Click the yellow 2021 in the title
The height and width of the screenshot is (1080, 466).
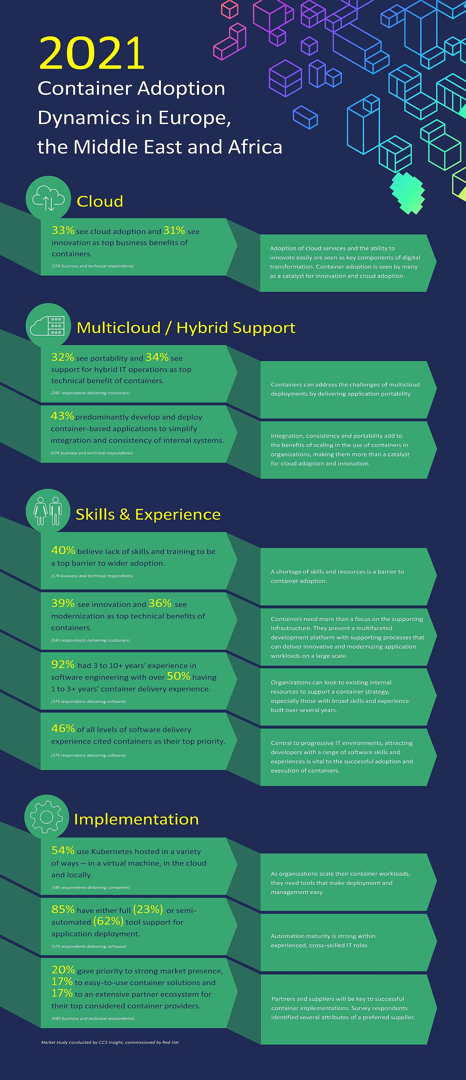(92, 53)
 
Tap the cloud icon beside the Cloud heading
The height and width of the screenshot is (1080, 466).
(48, 198)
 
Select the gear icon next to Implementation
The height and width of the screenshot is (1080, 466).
(47, 817)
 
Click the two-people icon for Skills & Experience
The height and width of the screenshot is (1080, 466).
(48, 511)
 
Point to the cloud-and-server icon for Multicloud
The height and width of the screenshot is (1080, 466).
(48, 325)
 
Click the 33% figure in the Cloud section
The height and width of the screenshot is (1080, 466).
(63, 230)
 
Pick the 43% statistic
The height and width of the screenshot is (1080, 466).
(62, 416)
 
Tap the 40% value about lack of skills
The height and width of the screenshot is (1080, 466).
(63, 550)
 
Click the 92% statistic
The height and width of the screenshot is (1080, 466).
(63, 664)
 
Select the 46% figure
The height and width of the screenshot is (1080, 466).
(63, 728)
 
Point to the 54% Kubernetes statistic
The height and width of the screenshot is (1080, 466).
(63, 850)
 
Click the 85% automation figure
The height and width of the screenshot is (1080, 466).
(63, 909)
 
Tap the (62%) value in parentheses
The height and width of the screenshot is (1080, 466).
(108, 921)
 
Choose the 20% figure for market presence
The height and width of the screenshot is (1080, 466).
(63, 970)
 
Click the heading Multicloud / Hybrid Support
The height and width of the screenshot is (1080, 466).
(186, 328)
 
